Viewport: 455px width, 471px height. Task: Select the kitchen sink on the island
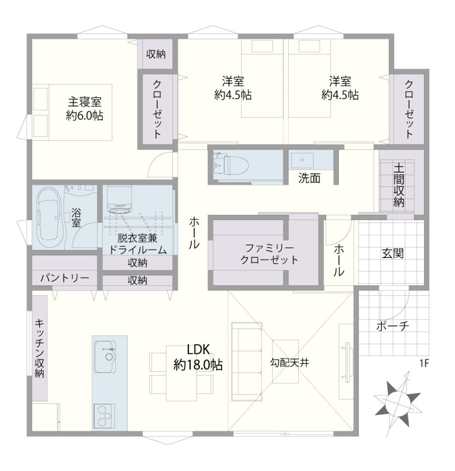[x=105, y=356]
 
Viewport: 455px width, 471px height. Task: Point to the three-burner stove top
[x=104, y=416]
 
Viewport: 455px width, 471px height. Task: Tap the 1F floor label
[x=424, y=363]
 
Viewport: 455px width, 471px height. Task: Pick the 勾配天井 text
[x=290, y=363]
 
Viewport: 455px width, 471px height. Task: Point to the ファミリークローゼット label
[x=269, y=254]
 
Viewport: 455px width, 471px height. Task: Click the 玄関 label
[x=392, y=253]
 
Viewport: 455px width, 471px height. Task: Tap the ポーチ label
[x=392, y=326]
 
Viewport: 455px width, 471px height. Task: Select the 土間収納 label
[x=399, y=185]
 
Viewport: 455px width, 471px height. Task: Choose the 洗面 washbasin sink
[x=302, y=160]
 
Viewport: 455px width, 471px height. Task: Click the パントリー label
[x=65, y=278]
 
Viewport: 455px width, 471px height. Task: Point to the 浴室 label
[x=76, y=218]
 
